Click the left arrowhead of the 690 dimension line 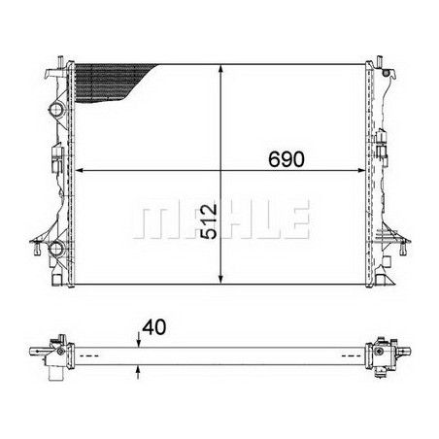click(81, 171)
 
